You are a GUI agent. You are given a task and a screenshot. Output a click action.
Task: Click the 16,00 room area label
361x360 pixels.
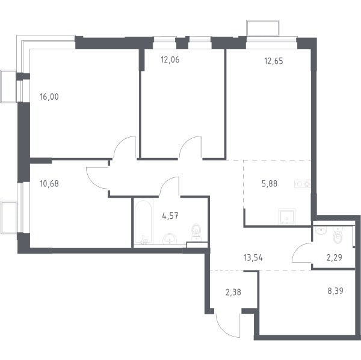(49, 97)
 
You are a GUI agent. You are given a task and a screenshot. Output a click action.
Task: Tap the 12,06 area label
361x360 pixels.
(170, 60)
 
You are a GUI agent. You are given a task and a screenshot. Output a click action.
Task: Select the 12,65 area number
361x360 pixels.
(274, 61)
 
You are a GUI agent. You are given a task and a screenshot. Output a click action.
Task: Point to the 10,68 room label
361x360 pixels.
(49, 184)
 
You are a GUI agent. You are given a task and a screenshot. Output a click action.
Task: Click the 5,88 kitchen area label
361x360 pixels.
(270, 184)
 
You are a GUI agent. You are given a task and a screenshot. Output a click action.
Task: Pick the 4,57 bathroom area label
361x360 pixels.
(170, 216)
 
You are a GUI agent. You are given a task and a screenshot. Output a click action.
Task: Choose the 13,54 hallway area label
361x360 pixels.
(253, 258)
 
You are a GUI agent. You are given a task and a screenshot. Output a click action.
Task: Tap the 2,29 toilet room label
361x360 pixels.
(335, 258)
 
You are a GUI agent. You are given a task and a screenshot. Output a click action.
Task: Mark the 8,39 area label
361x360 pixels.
(336, 291)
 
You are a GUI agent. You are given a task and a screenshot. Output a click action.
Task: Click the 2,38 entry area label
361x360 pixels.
(233, 292)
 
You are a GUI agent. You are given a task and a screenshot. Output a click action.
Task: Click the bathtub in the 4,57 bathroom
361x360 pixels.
(143, 222)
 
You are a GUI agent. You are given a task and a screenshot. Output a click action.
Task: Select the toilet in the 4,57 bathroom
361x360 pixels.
(196, 233)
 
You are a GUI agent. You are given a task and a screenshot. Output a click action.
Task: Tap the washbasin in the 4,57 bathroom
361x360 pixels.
(170, 239)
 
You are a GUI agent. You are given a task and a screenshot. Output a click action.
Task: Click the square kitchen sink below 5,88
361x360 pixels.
(287, 217)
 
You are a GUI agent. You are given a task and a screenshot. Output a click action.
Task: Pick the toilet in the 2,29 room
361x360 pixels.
(338, 234)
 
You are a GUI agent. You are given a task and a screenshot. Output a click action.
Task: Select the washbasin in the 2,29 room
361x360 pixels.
(321, 230)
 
